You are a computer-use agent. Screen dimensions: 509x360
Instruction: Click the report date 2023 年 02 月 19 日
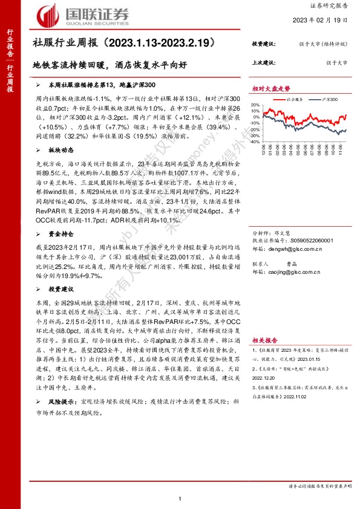click(324, 20)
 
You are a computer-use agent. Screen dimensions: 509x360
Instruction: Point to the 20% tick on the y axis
click(255, 105)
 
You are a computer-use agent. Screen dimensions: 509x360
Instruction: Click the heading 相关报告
click(266, 340)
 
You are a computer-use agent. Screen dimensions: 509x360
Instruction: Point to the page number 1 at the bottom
click(180, 497)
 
